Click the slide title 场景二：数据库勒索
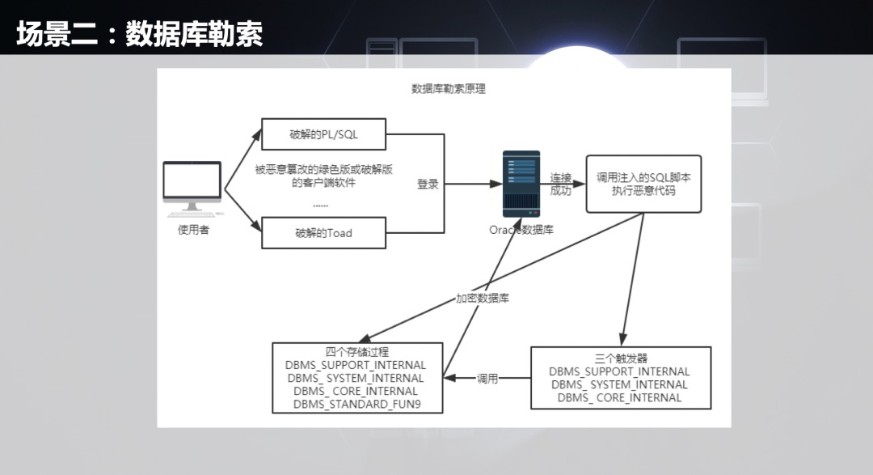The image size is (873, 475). (139, 35)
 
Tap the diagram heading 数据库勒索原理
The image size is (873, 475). (449, 89)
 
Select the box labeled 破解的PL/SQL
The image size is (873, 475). (323, 134)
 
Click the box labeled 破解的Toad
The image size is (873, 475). (323, 233)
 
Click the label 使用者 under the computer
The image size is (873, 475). (193, 230)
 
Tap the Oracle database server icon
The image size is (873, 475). (521, 183)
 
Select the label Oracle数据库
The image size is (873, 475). (521, 230)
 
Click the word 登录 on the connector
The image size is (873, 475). (428, 184)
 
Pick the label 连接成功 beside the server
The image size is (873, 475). (560, 184)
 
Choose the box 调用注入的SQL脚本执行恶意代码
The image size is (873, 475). (643, 184)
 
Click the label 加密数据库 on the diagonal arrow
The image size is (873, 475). (483, 298)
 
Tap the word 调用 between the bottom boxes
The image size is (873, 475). (487, 378)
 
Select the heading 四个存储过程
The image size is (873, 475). (356, 353)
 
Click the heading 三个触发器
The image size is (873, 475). (621, 358)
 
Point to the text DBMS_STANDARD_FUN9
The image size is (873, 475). (356, 404)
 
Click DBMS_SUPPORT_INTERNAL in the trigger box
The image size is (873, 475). (619, 371)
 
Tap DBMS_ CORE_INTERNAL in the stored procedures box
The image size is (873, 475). (356, 391)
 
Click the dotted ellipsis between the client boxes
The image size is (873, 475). (321, 206)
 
